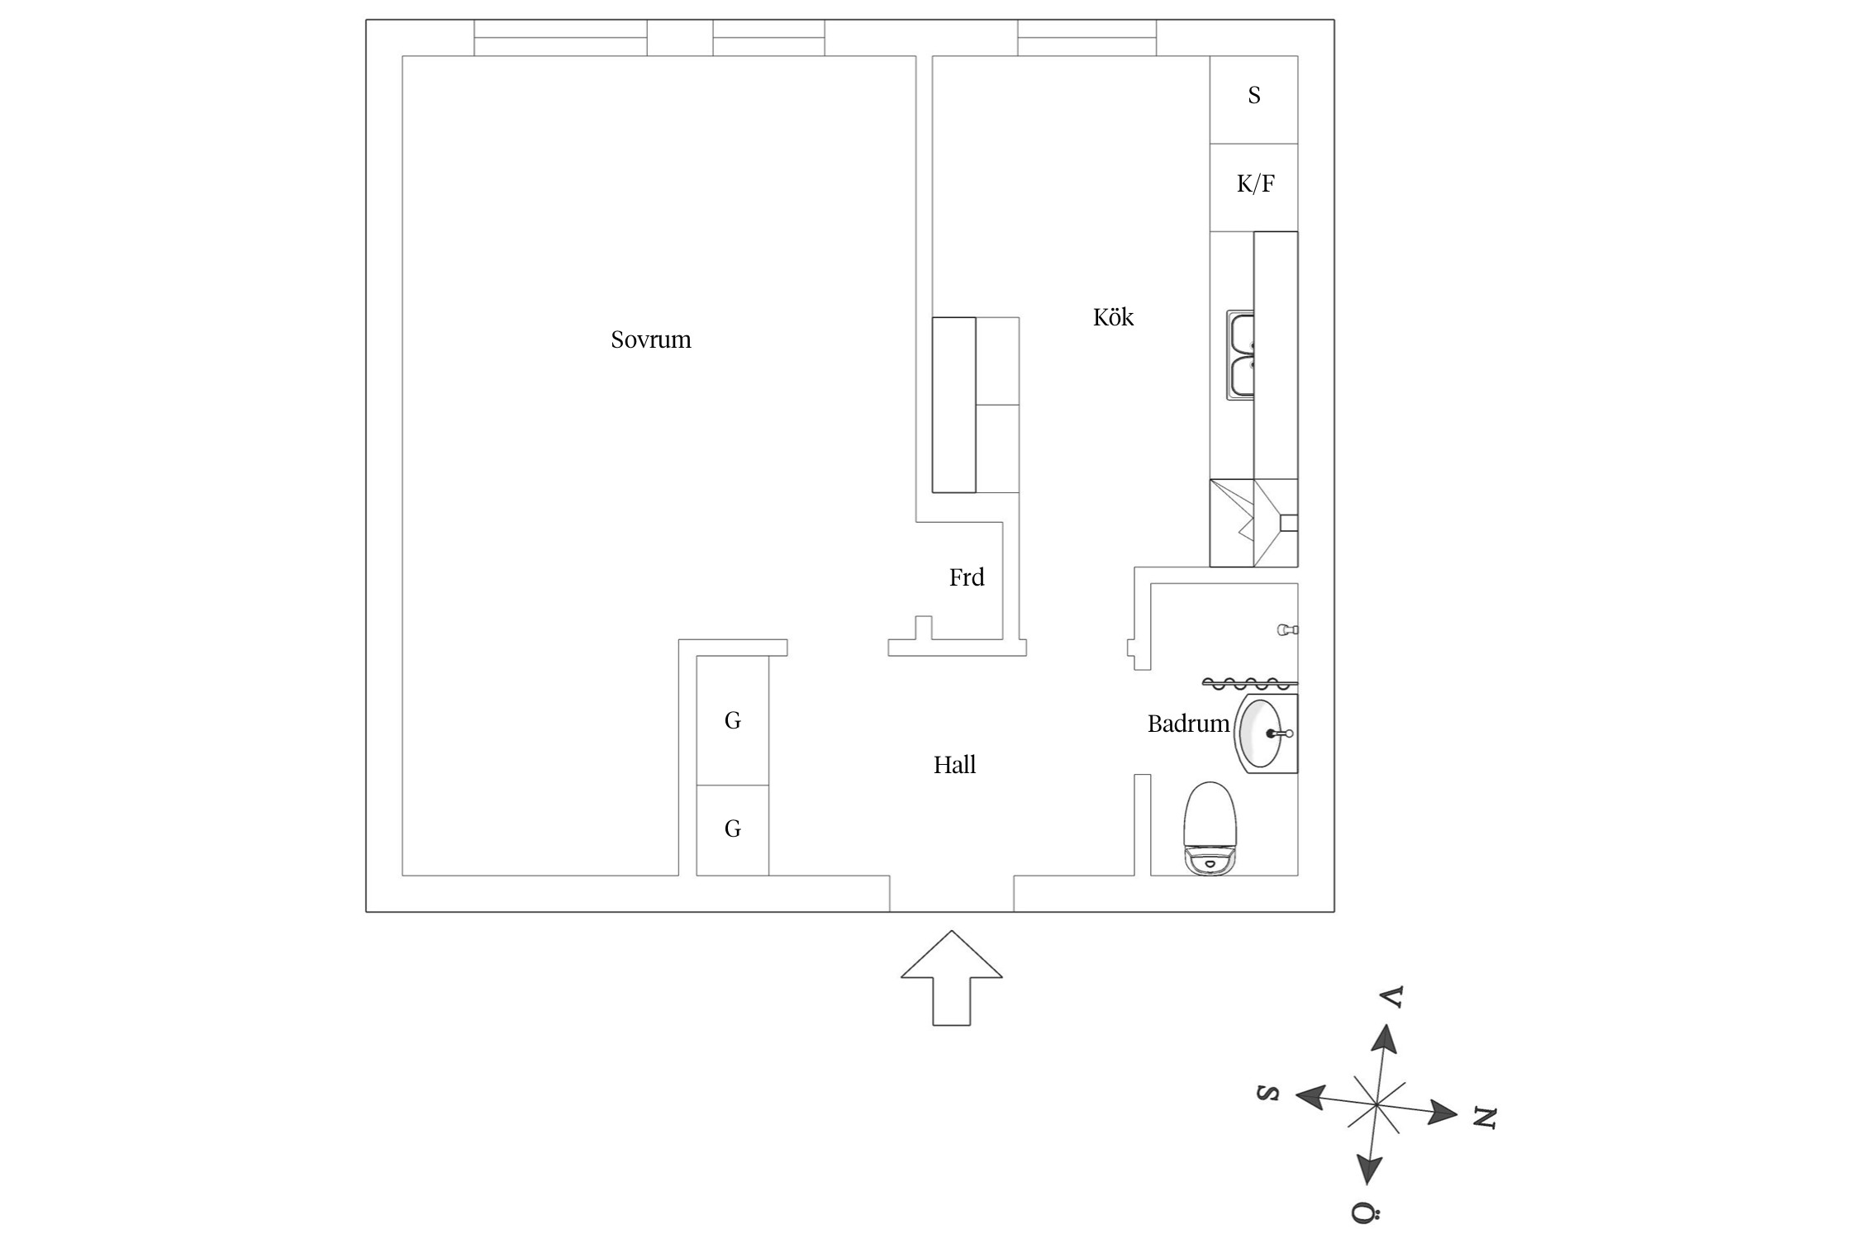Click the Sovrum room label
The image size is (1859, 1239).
click(x=650, y=339)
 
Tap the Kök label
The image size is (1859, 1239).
click(x=1113, y=317)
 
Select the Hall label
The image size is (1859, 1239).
click(x=954, y=765)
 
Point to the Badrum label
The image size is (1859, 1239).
click(x=1188, y=724)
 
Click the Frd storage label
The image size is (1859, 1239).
click(x=967, y=577)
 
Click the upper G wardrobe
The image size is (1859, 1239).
click(x=733, y=720)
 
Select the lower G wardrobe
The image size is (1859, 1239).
click(x=733, y=829)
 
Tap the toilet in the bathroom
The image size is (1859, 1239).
click(x=1210, y=828)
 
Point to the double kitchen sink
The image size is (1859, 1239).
click(x=1241, y=356)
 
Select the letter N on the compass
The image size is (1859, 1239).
click(x=1485, y=1118)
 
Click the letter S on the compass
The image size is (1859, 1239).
click(x=1268, y=1093)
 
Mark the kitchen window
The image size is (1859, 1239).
click(x=1086, y=38)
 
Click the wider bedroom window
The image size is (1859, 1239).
click(x=560, y=38)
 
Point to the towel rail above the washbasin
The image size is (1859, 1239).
click(x=1249, y=684)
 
